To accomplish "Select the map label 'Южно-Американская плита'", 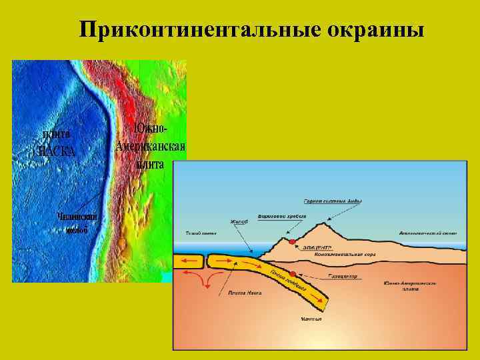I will click(x=150, y=146).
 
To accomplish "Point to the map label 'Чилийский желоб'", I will click(x=77, y=222).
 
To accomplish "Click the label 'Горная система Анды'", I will click(x=324, y=200).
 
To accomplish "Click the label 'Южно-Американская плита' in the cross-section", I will click(x=410, y=286).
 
